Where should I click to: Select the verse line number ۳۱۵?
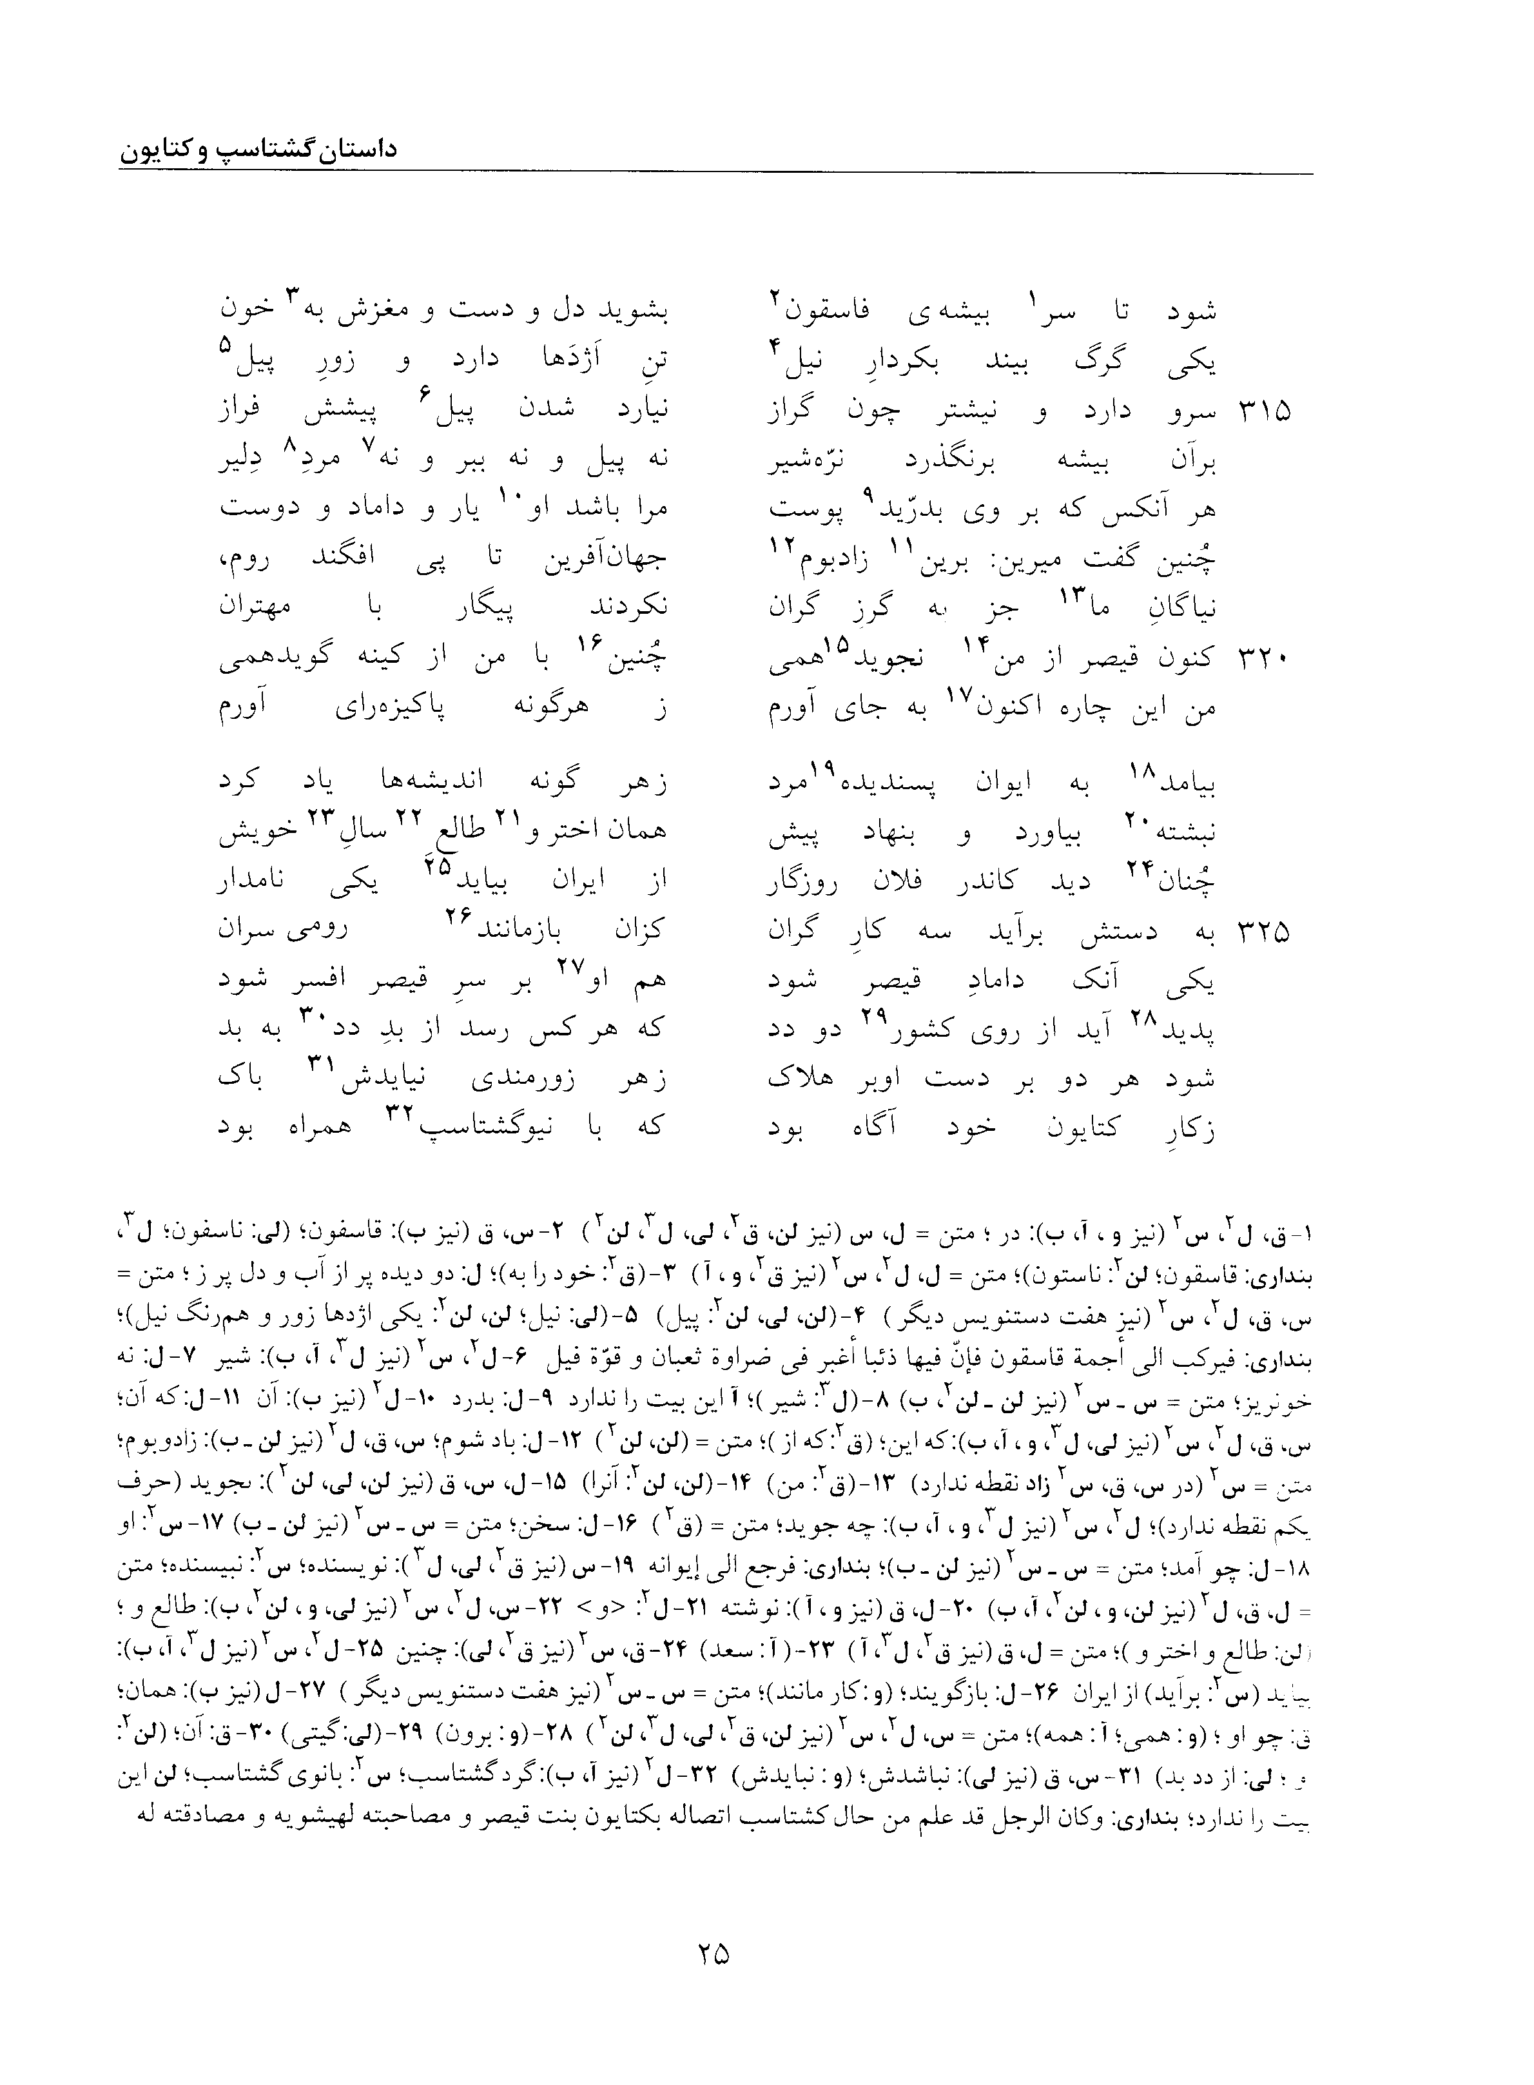pyautogui.click(x=1264, y=411)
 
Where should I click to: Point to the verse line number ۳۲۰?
pyautogui.click(x=1264, y=658)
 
